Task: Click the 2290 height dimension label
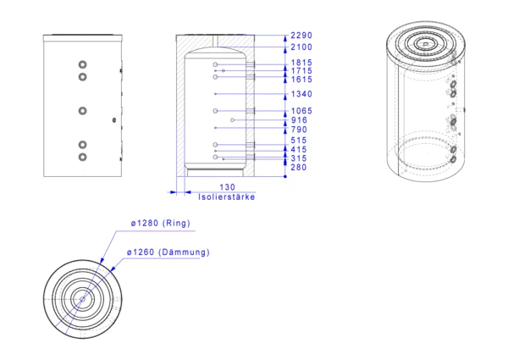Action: pos(301,36)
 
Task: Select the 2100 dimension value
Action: pos(301,47)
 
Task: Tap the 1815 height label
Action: pos(301,63)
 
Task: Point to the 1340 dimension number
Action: pos(301,94)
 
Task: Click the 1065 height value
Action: pos(301,111)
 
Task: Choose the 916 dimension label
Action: pos(299,120)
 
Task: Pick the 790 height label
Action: pos(299,130)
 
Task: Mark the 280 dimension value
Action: pos(298,167)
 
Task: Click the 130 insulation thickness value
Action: pos(227,187)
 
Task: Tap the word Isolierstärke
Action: pos(226,197)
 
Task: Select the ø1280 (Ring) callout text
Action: pos(160,224)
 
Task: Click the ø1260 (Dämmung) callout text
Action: pos(168,252)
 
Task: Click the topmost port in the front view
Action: pos(83,64)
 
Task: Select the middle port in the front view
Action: pos(83,111)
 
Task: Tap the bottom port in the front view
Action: pos(83,158)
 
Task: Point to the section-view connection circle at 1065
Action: pos(215,111)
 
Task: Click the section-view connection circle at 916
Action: pos(232,120)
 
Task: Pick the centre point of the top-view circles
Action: pos(83,299)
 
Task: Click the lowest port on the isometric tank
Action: pos(453,159)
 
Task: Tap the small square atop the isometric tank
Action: pos(425,43)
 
